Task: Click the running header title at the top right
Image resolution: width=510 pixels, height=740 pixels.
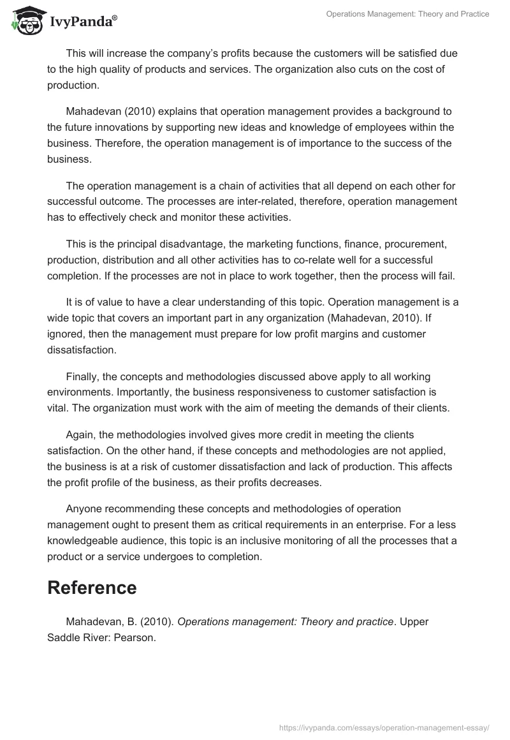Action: click(407, 14)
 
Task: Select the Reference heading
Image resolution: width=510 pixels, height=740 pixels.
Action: click(92, 588)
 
